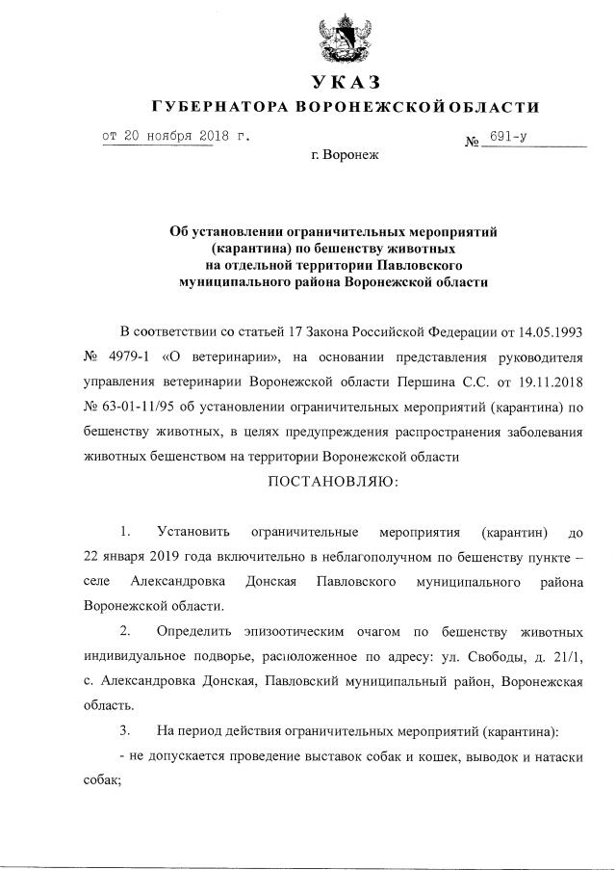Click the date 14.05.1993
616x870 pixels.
click(552, 331)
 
